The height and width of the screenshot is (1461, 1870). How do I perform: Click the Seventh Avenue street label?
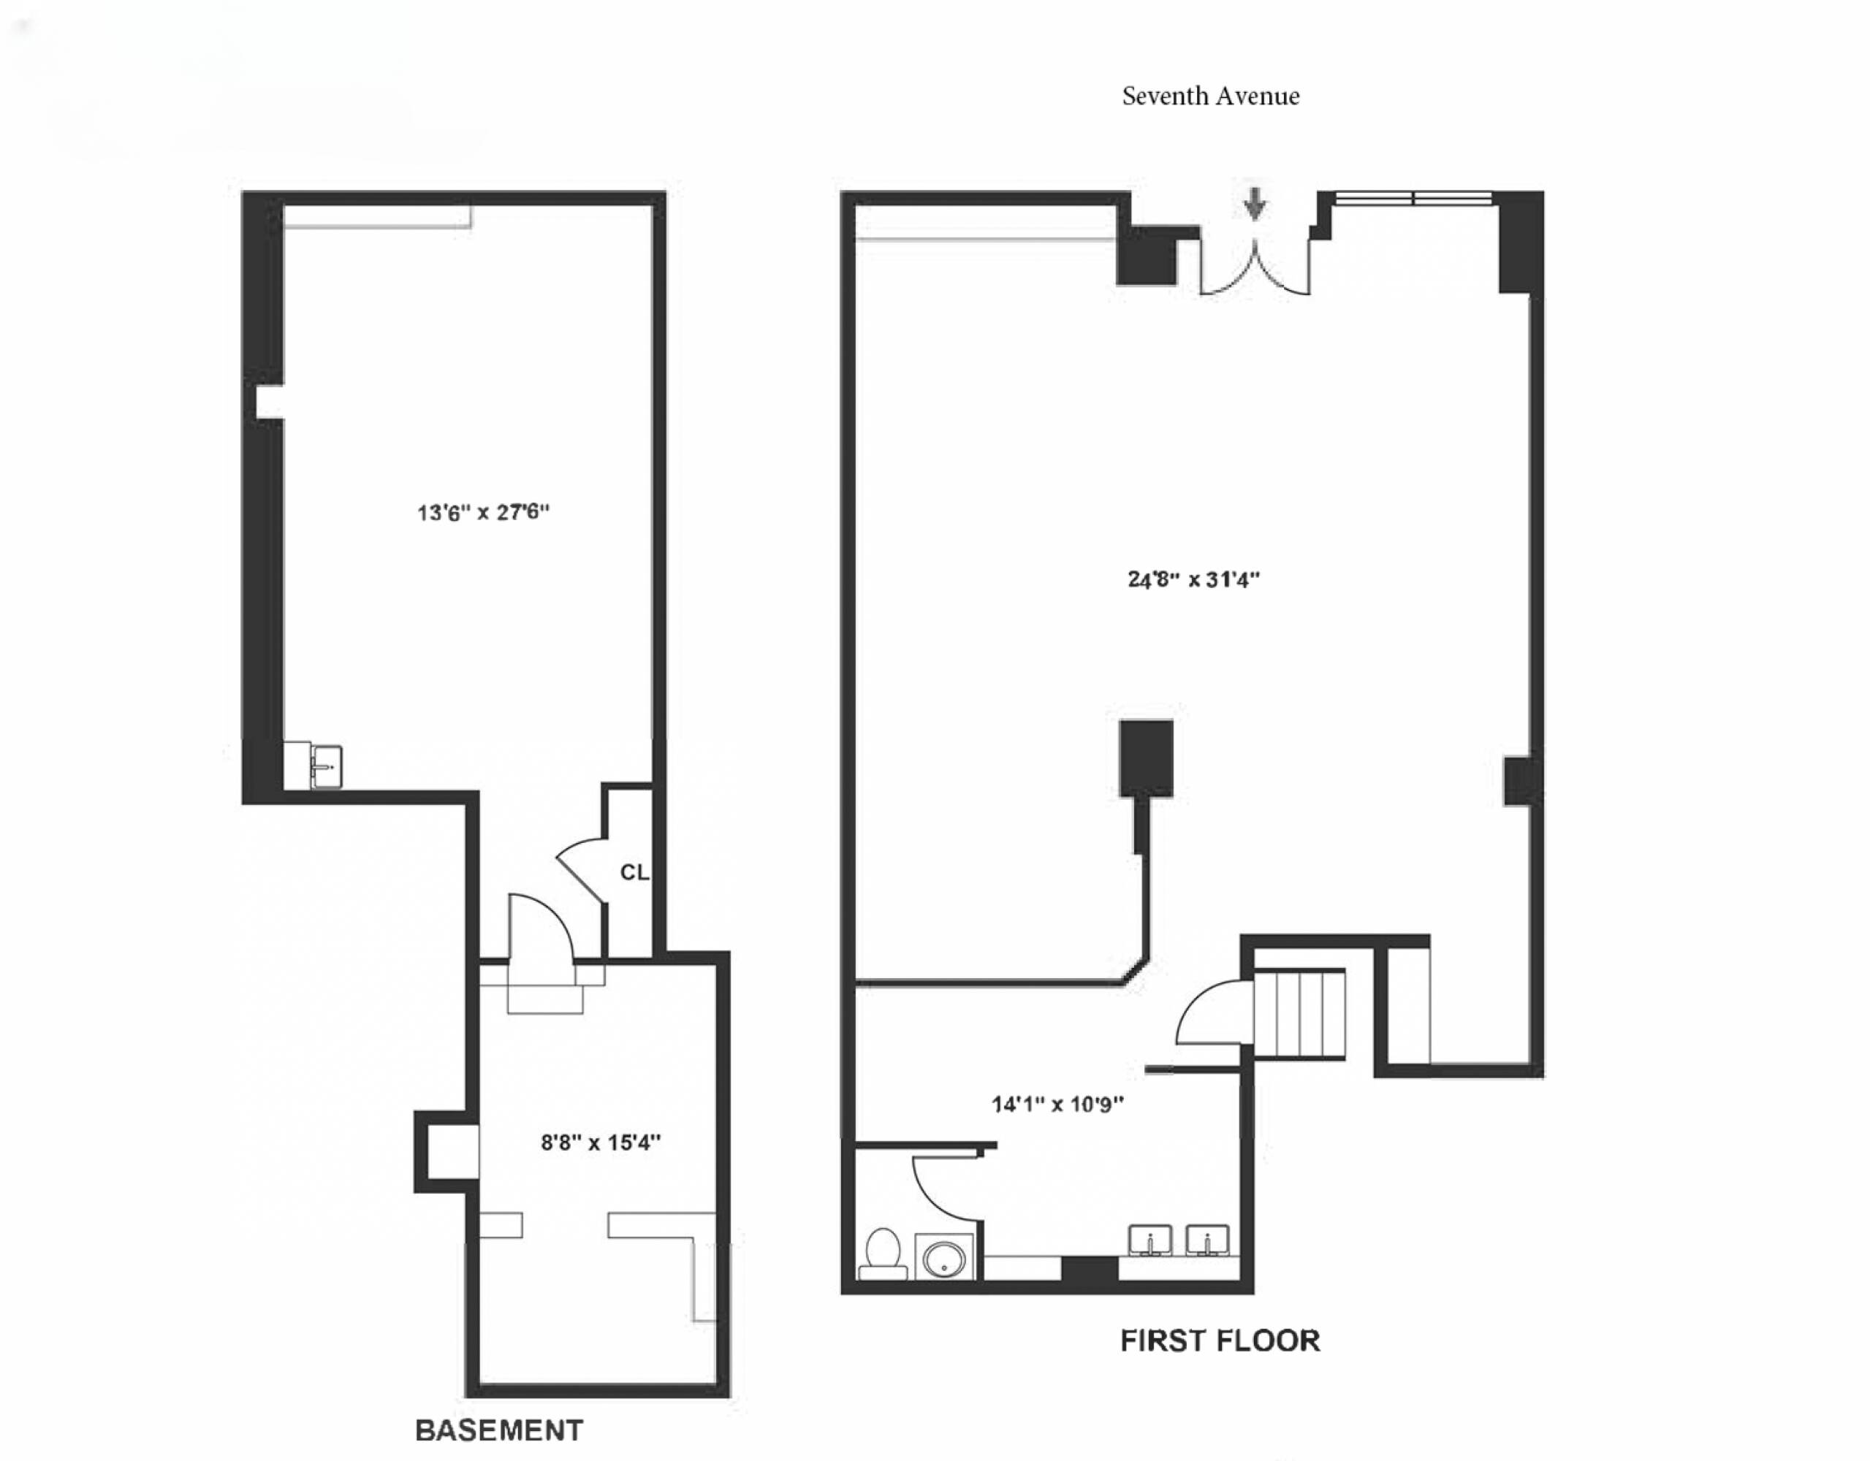(x=1211, y=96)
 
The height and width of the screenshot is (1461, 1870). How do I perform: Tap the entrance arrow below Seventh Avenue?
(x=1255, y=204)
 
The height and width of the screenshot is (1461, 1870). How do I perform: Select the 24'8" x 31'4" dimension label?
(x=1193, y=579)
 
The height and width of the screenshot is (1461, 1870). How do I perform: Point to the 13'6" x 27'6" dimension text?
(x=483, y=512)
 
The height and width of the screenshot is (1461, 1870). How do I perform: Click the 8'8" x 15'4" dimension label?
(x=601, y=1142)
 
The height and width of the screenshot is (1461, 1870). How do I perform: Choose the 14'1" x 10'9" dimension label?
(x=1057, y=1104)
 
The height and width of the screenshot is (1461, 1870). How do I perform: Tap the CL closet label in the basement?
(x=634, y=872)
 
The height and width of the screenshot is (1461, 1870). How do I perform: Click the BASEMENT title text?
(x=499, y=1430)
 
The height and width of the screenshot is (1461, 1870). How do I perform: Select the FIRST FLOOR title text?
(x=1220, y=1340)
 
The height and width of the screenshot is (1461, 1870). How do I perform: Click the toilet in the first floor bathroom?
(x=883, y=1252)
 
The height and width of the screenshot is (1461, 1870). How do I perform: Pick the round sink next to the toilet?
(x=944, y=1258)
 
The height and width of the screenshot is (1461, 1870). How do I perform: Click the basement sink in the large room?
(x=325, y=766)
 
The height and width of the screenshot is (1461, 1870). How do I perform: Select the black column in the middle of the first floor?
(x=1146, y=758)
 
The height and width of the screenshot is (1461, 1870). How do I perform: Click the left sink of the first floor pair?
(x=1151, y=1240)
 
